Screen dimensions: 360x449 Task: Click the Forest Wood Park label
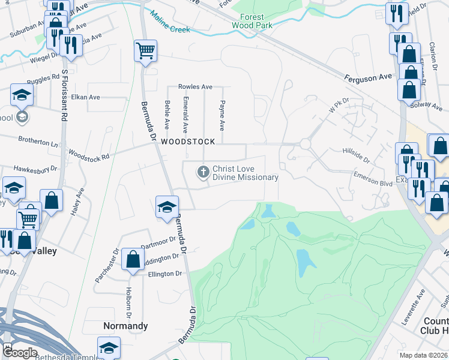click(255, 22)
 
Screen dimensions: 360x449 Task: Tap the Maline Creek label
click(169, 22)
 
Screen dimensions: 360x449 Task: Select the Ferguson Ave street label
click(368, 77)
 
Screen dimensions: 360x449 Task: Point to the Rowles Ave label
click(195, 87)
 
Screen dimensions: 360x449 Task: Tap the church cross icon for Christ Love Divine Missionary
click(203, 172)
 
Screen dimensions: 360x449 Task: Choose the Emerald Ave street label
click(185, 115)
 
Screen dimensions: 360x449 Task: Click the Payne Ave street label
click(221, 116)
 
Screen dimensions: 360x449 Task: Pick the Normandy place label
click(125, 326)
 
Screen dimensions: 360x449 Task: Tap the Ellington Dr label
click(164, 274)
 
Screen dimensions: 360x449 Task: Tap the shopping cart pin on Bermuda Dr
click(145, 50)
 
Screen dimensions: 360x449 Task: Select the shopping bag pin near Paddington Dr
click(132, 260)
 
